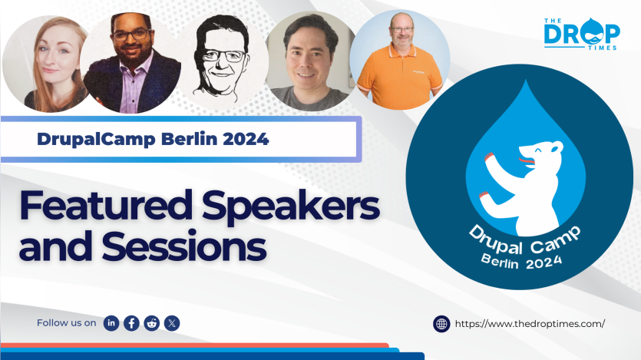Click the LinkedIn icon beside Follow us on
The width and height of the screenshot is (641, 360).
pos(111,323)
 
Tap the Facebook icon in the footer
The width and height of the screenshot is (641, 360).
pos(131,323)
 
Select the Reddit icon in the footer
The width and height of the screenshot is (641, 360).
pos(151,323)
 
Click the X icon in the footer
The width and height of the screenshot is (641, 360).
pos(172,323)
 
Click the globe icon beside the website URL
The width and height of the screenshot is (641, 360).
pos(441,324)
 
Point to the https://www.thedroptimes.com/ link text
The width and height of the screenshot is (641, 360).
pos(530,324)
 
